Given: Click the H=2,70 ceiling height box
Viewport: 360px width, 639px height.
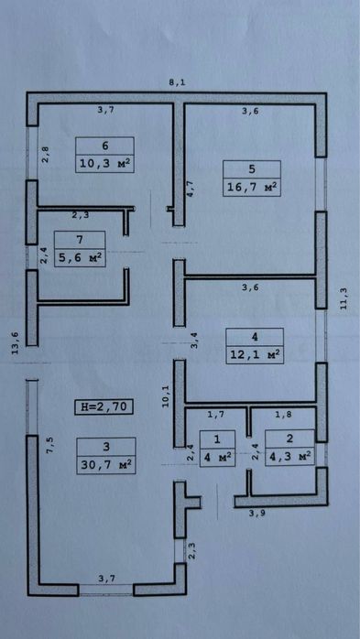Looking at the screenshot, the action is click(104, 406).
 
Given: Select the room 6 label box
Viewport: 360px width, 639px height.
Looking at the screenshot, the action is click(104, 155).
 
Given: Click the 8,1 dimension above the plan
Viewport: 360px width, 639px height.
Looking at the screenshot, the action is click(177, 82).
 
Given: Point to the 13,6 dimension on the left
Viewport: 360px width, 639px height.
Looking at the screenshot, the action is click(15, 343).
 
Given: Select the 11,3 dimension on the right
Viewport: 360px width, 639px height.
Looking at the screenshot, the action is click(344, 299).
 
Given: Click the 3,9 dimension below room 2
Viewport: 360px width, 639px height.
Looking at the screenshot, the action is click(256, 513).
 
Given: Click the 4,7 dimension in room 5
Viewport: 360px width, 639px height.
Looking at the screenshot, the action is click(190, 190).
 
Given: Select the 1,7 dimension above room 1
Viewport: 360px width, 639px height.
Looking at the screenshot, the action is click(215, 415).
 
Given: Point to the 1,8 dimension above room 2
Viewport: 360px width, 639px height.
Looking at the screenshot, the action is click(283, 415).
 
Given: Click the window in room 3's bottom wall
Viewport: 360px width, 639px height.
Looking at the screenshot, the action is click(106, 590).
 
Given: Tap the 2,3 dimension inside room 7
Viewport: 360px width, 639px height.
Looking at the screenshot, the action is click(81, 216).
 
